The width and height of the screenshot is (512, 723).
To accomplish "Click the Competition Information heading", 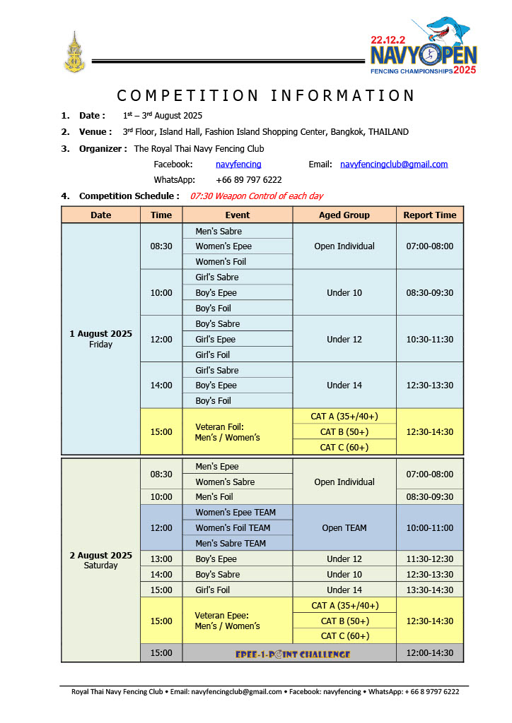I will click(x=265, y=95).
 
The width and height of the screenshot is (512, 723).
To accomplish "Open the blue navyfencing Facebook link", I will click(x=238, y=165).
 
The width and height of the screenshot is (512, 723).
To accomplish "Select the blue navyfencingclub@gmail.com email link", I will click(x=394, y=165).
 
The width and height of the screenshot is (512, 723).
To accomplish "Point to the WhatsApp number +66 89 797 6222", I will click(x=249, y=180).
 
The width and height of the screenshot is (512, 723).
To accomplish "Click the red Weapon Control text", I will click(x=257, y=196).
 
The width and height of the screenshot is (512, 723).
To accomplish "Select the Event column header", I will click(x=238, y=215).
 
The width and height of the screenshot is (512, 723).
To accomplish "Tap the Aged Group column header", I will click(x=344, y=215).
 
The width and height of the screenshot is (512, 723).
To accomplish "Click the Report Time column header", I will click(x=429, y=215).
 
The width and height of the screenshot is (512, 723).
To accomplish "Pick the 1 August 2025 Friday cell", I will click(x=100, y=339).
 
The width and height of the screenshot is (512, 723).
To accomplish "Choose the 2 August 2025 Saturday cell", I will click(x=100, y=560).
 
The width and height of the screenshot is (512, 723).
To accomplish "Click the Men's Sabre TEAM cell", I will click(x=231, y=543).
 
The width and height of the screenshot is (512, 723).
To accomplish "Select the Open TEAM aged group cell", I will click(x=344, y=528).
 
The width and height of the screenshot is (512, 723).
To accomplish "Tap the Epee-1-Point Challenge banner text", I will click(x=293, y=654).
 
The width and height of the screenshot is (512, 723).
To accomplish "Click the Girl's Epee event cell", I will click(x=216, y=340).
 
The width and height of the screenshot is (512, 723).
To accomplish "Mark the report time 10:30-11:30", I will click(x=429, y=340).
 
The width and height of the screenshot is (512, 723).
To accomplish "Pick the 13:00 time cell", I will click(x=161, y=559).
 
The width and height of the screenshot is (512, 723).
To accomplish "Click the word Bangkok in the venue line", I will click(x=349, y=132).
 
